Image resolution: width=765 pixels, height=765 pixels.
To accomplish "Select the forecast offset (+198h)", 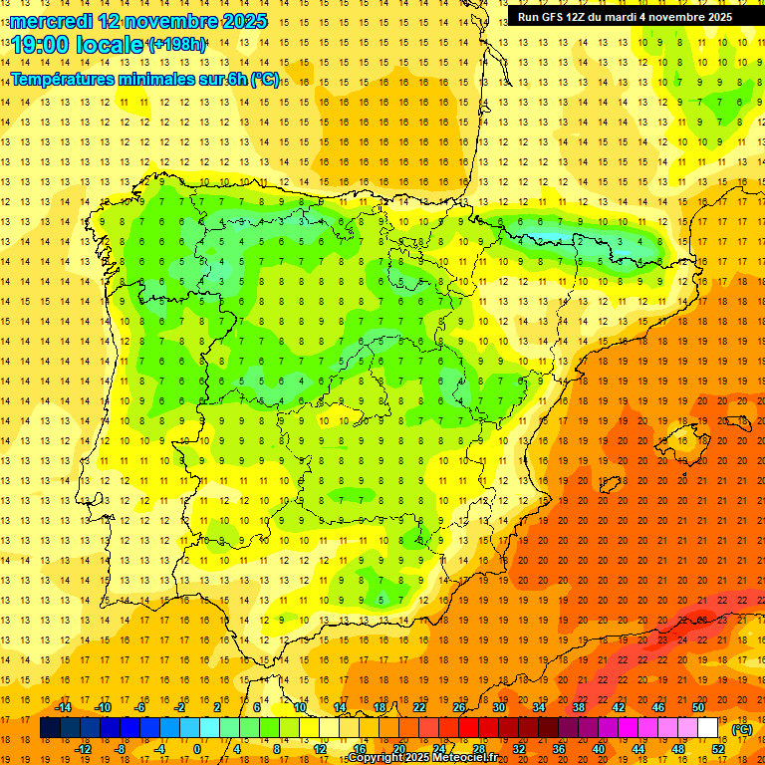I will tap(176, 45).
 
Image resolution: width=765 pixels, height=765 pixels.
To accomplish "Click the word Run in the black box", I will tap(529, 17).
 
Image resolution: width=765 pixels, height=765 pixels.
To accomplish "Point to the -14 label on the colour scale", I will tap(63, 707).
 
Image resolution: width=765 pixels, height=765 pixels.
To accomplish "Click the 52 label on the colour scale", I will tap(718, 748).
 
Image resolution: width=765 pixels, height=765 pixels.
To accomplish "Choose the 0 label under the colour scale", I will tap(197, 748).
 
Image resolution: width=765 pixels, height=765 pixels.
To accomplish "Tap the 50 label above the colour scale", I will tap(697, 707).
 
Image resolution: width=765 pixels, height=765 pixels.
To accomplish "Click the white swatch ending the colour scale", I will tap(708, 728).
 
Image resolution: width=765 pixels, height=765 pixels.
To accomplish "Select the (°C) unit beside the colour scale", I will tap(742, 729).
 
